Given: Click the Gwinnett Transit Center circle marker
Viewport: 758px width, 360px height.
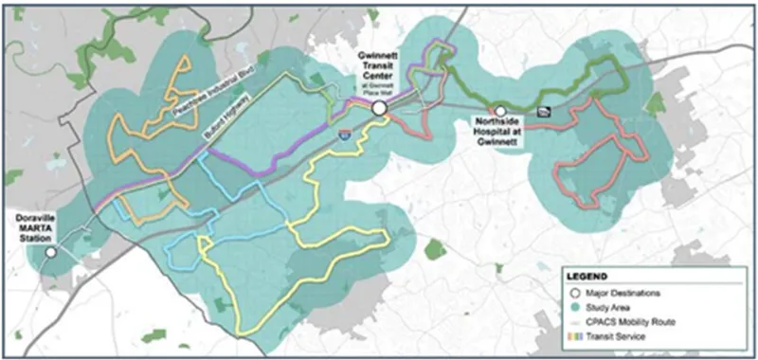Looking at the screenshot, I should coord(379,111).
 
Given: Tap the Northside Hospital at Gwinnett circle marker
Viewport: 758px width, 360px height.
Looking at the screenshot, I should coord(499,111).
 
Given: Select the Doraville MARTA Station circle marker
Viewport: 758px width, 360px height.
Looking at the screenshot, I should coord(51,253).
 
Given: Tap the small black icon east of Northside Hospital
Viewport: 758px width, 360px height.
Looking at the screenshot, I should coord(543,111).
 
